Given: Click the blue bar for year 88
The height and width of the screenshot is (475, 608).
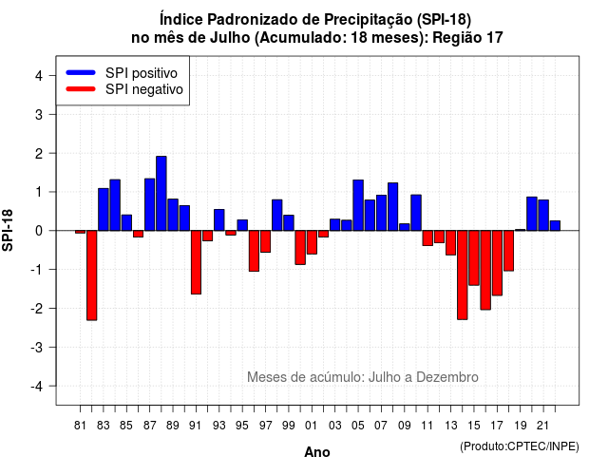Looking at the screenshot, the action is coord(161,194).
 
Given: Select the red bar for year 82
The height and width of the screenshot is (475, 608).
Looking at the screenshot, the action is coord(92,275).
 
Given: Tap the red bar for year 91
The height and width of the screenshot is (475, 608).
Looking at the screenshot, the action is coord(197,262).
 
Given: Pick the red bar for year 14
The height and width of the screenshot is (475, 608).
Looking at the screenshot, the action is coord(463,275).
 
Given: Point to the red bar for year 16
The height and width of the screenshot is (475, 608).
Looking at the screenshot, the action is coord(485,270).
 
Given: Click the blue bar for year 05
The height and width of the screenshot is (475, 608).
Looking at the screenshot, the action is coord(358,205).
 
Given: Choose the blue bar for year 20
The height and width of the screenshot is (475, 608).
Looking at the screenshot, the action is coord(532,214).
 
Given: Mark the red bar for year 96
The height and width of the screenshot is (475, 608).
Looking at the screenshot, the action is coord(254,251).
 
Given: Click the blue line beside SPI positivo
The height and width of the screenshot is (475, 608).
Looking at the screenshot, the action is coord(81,72).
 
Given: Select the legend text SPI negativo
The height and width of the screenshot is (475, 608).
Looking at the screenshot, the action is coord(144,89).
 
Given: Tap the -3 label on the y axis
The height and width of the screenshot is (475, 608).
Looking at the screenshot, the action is coord(36,348).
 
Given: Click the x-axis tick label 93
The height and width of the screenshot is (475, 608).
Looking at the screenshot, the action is coord(219,426).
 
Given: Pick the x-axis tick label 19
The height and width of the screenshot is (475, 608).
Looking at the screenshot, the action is coord(521,426).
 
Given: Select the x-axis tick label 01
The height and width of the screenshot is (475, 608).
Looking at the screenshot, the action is coord(312,426).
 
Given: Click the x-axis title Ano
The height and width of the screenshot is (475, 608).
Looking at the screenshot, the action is coord(317,452).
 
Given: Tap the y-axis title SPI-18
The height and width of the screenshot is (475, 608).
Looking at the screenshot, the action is coord(8,230).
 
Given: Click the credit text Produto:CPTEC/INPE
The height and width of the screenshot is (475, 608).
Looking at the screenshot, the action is coord(520,446).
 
